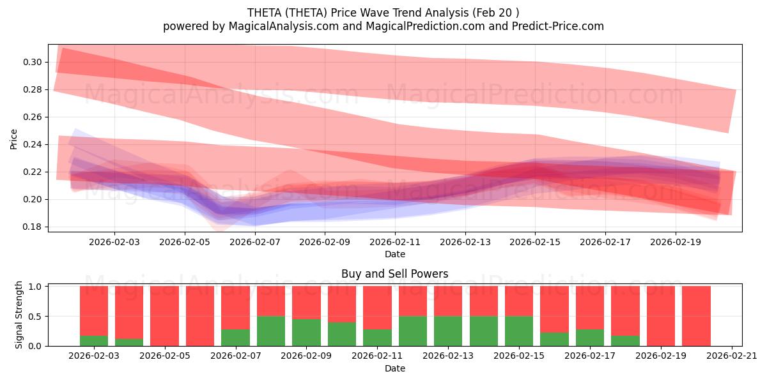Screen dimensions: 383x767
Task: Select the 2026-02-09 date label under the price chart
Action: tap(325, 243)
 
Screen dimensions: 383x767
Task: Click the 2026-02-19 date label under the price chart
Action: tap(676, 243)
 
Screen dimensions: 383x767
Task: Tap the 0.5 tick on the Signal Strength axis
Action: tap(36, 316)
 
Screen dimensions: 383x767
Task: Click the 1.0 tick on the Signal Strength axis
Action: tap(36, 287)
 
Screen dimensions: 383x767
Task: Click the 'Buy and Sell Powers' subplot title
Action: tap(394, 274)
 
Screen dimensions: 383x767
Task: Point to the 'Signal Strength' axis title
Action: tap(19, 315)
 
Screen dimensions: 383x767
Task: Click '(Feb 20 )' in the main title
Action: tap(493, 12)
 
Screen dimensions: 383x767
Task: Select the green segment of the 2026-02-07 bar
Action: tap(235, 338)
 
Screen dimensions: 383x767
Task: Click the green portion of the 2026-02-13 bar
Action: tap(448, 331)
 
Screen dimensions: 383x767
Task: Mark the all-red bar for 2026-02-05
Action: tap(164, 316)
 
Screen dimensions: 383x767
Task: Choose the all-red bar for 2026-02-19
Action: tap(661, 316)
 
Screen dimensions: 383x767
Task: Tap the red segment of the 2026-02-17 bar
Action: tap(590, 308)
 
